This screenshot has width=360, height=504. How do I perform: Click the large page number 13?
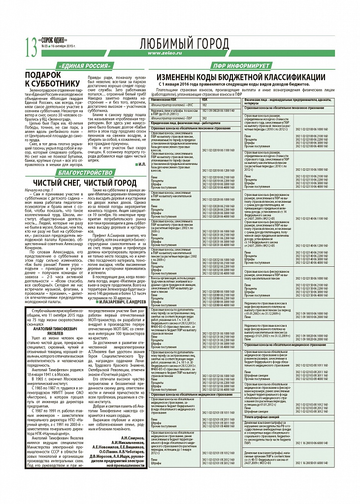click(x=30, y=46)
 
